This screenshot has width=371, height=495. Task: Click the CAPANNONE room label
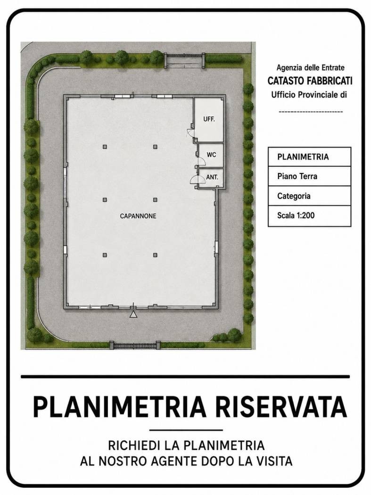tap(138, 216)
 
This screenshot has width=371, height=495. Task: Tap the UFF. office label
tap(209, 119)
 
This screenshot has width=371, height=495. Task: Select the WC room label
tap(211, 155)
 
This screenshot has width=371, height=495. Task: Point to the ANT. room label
tap(212, 177)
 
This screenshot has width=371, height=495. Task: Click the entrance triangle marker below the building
tap(133, 314)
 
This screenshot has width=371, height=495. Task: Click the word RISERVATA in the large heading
tap(281, 407)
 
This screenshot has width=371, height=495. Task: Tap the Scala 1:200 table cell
tap(309, 216)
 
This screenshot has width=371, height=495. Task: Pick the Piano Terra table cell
tap(309, 176)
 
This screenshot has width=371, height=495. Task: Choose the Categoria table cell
tap(309, 196)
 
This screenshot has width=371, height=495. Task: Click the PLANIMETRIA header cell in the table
tap(309, 157)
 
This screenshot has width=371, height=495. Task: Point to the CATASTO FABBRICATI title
tap(310, 81)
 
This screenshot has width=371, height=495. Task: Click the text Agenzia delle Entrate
tap(310, 67)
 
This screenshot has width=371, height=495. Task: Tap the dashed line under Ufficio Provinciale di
tap(311, 112)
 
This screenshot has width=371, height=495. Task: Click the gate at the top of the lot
tap(185, 60)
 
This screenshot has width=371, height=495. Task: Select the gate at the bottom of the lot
tap(135, 346)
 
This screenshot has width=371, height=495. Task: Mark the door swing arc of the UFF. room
tap(190, 132)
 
